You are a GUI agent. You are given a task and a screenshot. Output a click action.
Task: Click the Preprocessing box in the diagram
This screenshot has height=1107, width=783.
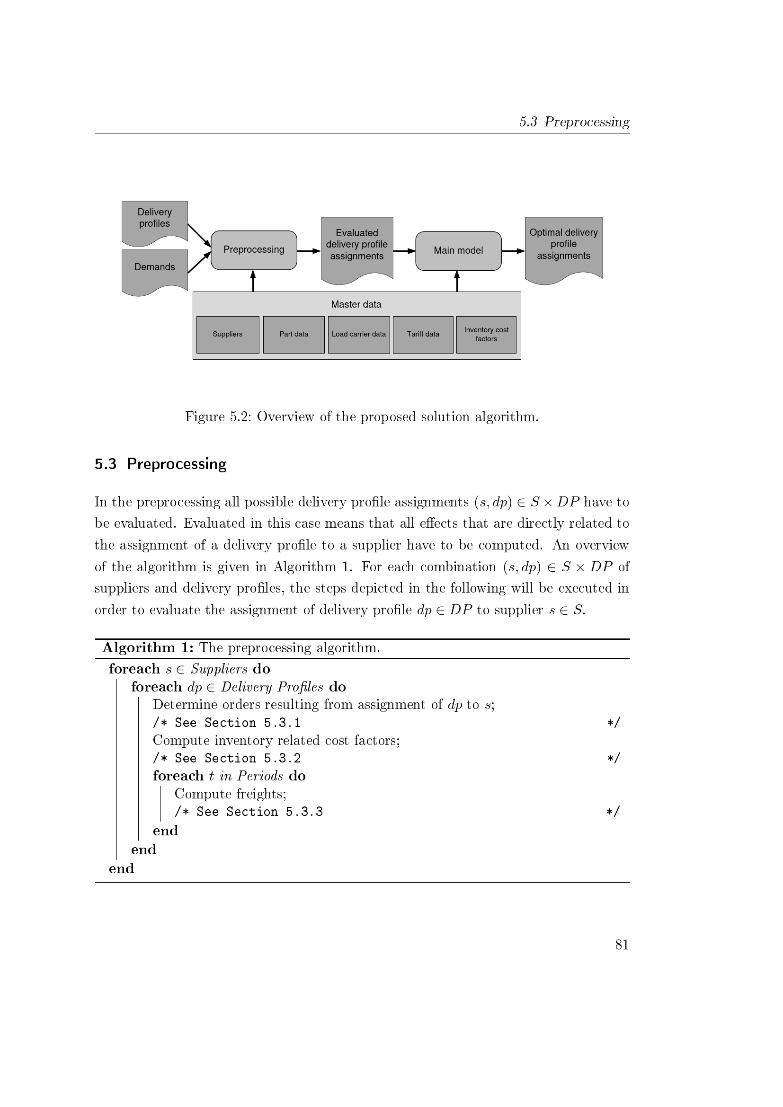tap(254, 250)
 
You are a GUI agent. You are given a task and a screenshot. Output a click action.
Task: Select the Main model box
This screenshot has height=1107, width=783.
tap(458, 251)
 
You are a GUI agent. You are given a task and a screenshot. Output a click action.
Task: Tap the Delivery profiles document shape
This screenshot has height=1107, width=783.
tap(154, 220)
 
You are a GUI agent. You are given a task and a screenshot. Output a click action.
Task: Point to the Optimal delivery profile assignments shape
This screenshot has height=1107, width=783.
tap(563, 245)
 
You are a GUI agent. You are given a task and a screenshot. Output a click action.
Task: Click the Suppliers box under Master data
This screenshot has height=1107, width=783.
tap(228, 335)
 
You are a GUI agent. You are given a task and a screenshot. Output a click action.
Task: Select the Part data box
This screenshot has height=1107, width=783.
tap(294, 335)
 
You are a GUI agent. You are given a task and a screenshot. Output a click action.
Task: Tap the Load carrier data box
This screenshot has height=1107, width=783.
tap(359, 335)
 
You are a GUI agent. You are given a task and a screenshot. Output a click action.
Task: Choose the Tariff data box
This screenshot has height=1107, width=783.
tap(423, 335)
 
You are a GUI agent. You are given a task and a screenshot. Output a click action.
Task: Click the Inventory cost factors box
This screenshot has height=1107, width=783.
tap(486, 335)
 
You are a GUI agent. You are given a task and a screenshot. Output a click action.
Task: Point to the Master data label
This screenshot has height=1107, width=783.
tap(356, 305)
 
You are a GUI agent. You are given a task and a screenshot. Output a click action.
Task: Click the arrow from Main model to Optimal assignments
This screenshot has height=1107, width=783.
tap(513, 251)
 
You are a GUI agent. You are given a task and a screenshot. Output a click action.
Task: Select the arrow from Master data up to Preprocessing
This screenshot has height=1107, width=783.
tap(253, 281)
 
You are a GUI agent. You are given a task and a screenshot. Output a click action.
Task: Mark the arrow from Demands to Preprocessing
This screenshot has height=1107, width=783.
tap(199, 263)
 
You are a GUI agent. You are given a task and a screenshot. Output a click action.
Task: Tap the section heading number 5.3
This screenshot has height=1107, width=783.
tap(106, 464)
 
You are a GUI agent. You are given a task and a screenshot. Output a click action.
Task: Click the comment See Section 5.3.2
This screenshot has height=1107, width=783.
tap(227, 758)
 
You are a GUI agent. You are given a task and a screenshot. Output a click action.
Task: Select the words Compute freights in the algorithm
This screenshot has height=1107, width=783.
tap(230, 794)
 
